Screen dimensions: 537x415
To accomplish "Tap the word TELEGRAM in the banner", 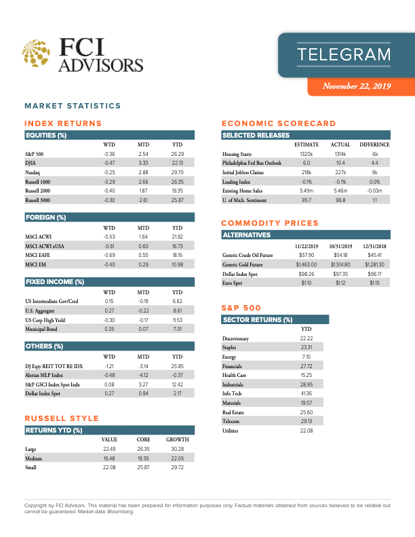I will click(344, 54).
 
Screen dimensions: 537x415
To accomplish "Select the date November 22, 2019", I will click(357, 86).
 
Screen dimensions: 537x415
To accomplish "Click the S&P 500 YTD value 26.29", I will click(178, 154).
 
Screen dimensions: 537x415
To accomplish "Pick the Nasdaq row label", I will click(32, 173).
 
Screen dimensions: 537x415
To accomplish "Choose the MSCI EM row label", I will click(35, 264).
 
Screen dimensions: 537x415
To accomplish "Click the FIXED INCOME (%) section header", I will click(54, 281).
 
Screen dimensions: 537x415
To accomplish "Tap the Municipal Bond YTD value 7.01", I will click(178, 328).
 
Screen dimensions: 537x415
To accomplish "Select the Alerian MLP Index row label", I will click(45, 374).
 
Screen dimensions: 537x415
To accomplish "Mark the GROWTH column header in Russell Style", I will click(177, 439).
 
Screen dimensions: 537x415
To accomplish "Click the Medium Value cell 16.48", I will click(108, 458).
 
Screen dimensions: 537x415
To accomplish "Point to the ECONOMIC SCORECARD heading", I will click(279, 123).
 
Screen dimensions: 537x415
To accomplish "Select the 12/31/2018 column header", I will click(374, 245).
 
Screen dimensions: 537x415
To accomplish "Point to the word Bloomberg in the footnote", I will click(121, 512).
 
